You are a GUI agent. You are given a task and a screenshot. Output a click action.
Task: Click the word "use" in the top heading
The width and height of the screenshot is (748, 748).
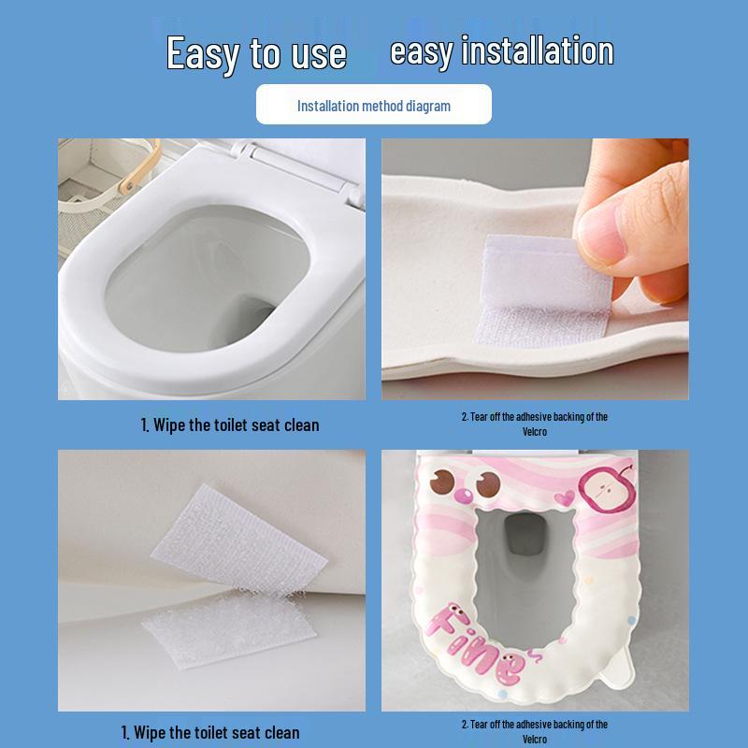(318, 53)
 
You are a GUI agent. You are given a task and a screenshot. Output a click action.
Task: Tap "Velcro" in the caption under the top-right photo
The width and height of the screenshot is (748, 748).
(534, 432)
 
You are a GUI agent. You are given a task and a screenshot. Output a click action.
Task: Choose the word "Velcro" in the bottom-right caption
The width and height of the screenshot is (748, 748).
(534, 740)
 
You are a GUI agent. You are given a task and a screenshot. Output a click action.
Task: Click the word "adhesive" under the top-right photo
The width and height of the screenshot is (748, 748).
(528, 417)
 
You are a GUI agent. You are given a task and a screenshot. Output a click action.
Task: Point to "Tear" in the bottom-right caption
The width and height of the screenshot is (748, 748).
(478, 725)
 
